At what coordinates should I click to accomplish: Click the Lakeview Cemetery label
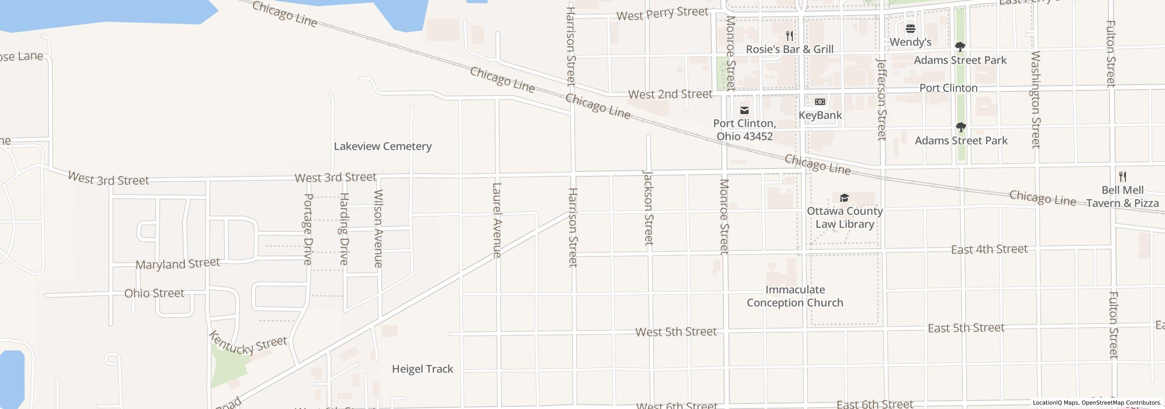click(383, 146)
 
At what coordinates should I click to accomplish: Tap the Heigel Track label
click(422, 369)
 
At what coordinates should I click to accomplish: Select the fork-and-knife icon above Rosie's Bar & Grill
click(790, 36)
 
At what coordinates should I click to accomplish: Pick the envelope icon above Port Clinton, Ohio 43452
click(745, 110)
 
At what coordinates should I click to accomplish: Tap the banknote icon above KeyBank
click(820, 102)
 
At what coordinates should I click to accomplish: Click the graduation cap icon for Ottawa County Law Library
click(844, 198)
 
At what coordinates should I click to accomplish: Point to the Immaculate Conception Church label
click(795, 296)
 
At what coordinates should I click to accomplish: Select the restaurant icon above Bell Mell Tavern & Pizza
click(1123, 177)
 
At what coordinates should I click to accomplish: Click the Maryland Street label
click(178, 264)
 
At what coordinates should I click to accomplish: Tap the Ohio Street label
click(154, 293)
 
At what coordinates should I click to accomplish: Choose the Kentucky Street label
click(248, 344)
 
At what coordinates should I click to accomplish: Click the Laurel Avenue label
click(497, 220)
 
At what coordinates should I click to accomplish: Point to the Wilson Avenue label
click(378, 229)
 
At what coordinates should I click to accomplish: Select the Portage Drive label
click(308, 229)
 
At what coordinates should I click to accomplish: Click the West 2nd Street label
click(670, 95)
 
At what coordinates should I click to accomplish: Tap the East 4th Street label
click(989, 249)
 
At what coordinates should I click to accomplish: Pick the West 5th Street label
click(676, 332)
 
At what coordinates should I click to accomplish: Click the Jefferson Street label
click(881, 99)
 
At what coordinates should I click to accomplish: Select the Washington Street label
click(1035, 99)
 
